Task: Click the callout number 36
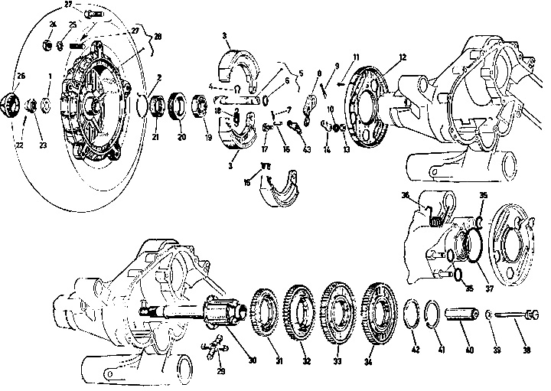click(x=406, y=195)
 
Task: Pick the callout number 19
click(x=207, y=138)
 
